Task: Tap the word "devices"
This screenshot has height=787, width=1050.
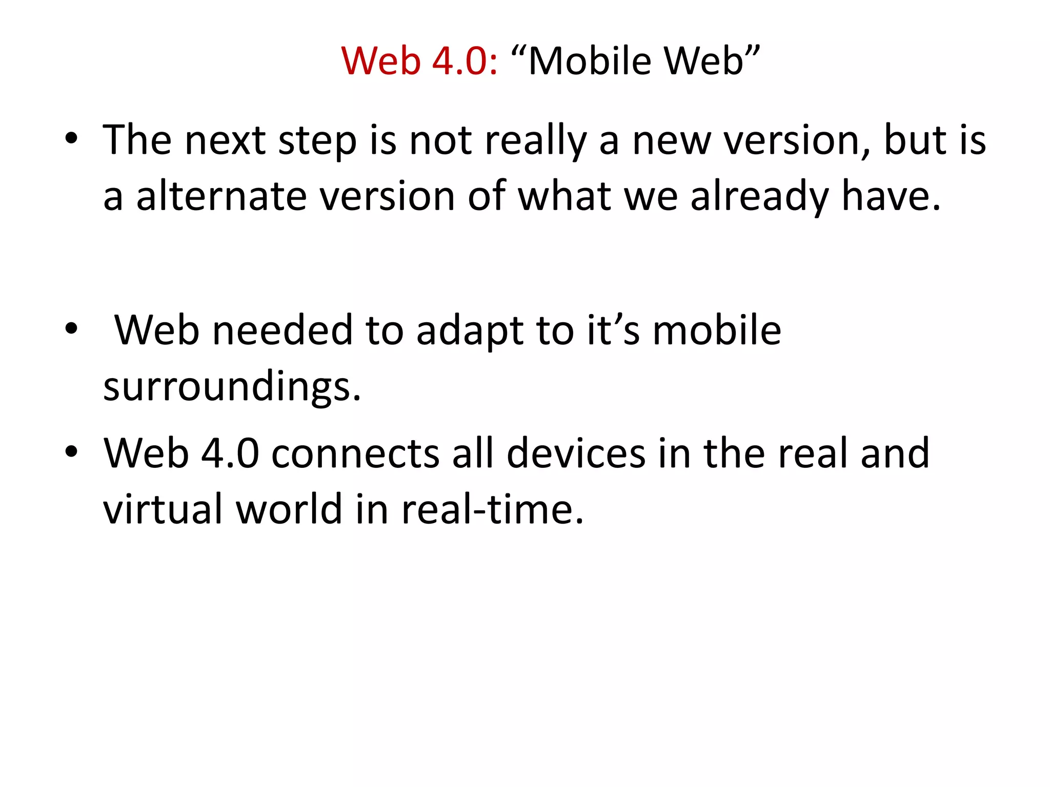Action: click(x=576, y=454)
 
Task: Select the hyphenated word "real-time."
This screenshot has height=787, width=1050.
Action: click(x=492, y=509)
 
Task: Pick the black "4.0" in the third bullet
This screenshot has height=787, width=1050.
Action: click(x=230, y=454)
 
